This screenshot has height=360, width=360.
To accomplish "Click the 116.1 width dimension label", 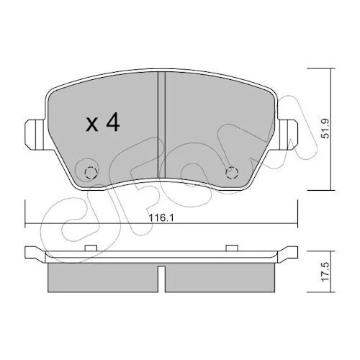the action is pos(161,218).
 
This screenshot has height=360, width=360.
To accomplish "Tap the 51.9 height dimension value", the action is pos(325,130).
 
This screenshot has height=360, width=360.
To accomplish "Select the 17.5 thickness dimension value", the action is pos(325,271).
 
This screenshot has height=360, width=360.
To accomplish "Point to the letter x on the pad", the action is pos(92,125).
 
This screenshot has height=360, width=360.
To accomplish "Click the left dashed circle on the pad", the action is pos(91,173).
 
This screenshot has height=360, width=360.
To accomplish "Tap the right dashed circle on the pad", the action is pos(232,173).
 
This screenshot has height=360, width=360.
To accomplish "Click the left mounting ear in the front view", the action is pos(35,135).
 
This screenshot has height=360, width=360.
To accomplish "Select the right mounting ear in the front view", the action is pos(288,135).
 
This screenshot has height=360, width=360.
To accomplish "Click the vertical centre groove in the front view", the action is pos(161,125).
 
